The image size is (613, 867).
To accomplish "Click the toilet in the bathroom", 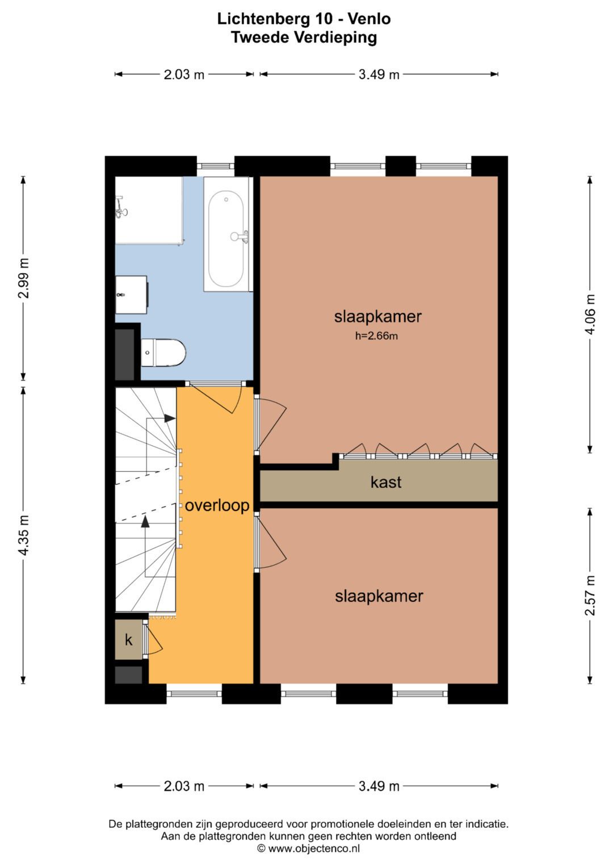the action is click(x=163, y=352).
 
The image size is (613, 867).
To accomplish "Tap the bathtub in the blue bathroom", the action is click(x=227, y=234).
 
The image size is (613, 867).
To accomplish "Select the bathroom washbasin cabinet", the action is click(x=132, y=295).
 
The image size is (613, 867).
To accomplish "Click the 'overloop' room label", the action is click(x=217, y=505).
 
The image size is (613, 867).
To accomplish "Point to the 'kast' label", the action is click(x=386, y=482).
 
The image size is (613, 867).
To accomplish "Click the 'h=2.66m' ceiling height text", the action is click(x=376, y=336).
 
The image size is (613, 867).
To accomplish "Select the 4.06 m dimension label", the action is click(x=590, y=314).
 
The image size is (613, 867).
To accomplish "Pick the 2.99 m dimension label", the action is click(x=23, y=278).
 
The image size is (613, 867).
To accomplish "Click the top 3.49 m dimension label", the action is click(x=379, y=74).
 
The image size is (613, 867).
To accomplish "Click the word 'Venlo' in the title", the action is click(x=369, y=19).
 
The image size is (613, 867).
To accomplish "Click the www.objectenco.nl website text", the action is click(x=314, y=848).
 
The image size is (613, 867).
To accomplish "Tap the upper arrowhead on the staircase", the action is click(x=170, y=418).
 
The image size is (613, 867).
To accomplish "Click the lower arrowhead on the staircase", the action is click(x=145, y=521).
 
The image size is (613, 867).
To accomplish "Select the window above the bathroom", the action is click(x=216, y=166).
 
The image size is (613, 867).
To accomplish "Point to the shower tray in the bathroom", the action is click(x=149, y=211).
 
